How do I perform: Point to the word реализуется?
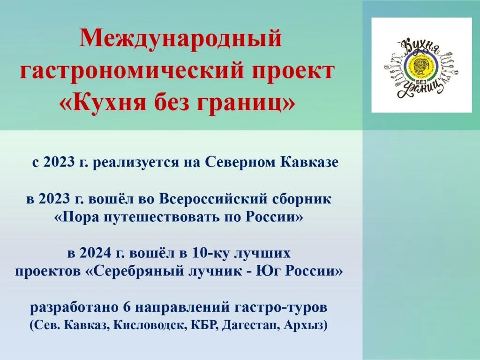tap(141, 163)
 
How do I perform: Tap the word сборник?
tap(302, 199)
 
